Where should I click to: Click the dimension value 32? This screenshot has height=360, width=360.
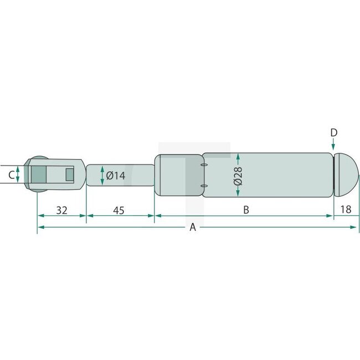pyautogui.click(x=61, y=210)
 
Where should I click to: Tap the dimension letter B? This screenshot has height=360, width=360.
pyautogui.click(x=246, y=210)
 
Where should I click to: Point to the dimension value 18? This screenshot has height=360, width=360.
pyautogui.click(x=346, y=210)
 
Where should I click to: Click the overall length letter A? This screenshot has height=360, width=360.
pyautogui.click(x=193, y=227)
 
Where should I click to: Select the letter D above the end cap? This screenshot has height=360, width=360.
pyautogui.click(x=333, y=132)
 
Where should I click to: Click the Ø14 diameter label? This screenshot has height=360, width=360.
pyautogui.click(x=115, y=176)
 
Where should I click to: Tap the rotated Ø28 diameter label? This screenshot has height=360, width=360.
pyautogui.click(x=237, y=176)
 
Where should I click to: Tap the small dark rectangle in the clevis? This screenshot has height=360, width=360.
pyautogui.click(x=69, y=175)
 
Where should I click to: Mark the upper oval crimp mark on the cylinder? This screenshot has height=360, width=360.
pyautogui.click(x=204, y=164)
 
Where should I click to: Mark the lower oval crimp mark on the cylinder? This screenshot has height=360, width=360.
pyautogui.click(x=204, y=186)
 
